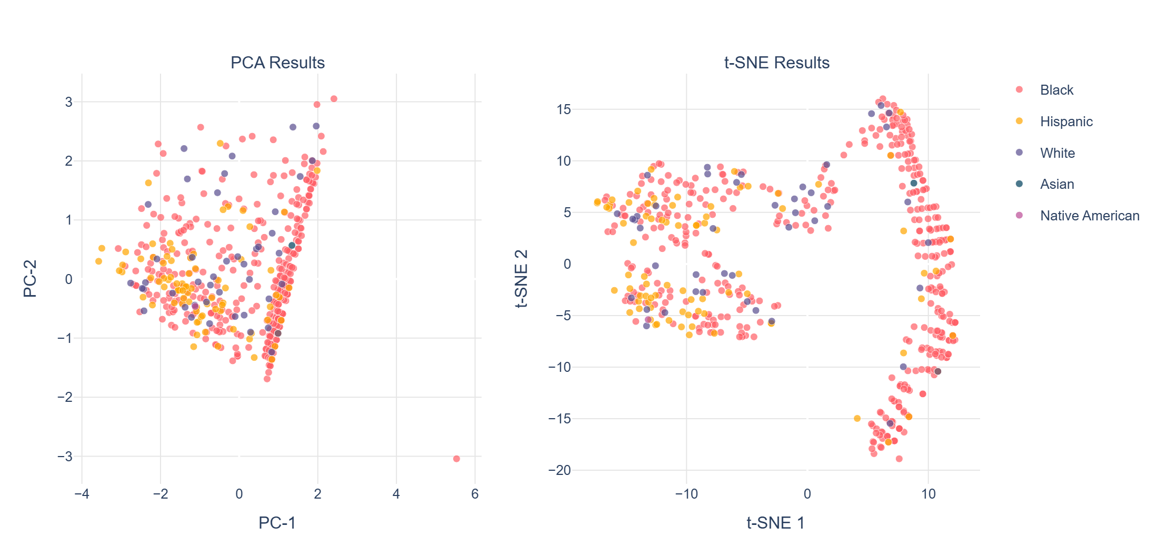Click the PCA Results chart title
(x=277, y=63)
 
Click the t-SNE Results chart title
(x=776, y=63)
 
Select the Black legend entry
(x=1056, y=90)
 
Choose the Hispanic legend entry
(x=1066, y=121)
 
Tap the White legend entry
(x=1057, y=153)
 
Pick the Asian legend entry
(x=1056, y=184)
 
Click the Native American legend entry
(x=1089, y=216)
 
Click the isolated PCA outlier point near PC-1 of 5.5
(x=456, y=459)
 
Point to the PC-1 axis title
(x=277, y=523)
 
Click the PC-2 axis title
(x=30, y=279)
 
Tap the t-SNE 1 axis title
(x=775, y=523)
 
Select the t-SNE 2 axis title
(x=521, y=279)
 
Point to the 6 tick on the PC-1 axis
(x=475, y=494)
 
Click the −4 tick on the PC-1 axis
(x=81, y=494)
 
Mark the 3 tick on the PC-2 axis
(x=69, y=102)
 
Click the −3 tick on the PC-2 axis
(x=65, y=457)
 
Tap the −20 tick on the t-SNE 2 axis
(x=559, y=470)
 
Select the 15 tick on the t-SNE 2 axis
(x=563, y=109)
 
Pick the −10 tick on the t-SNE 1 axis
(x=686, y=494)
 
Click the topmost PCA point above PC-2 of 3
(x=334, y=99)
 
